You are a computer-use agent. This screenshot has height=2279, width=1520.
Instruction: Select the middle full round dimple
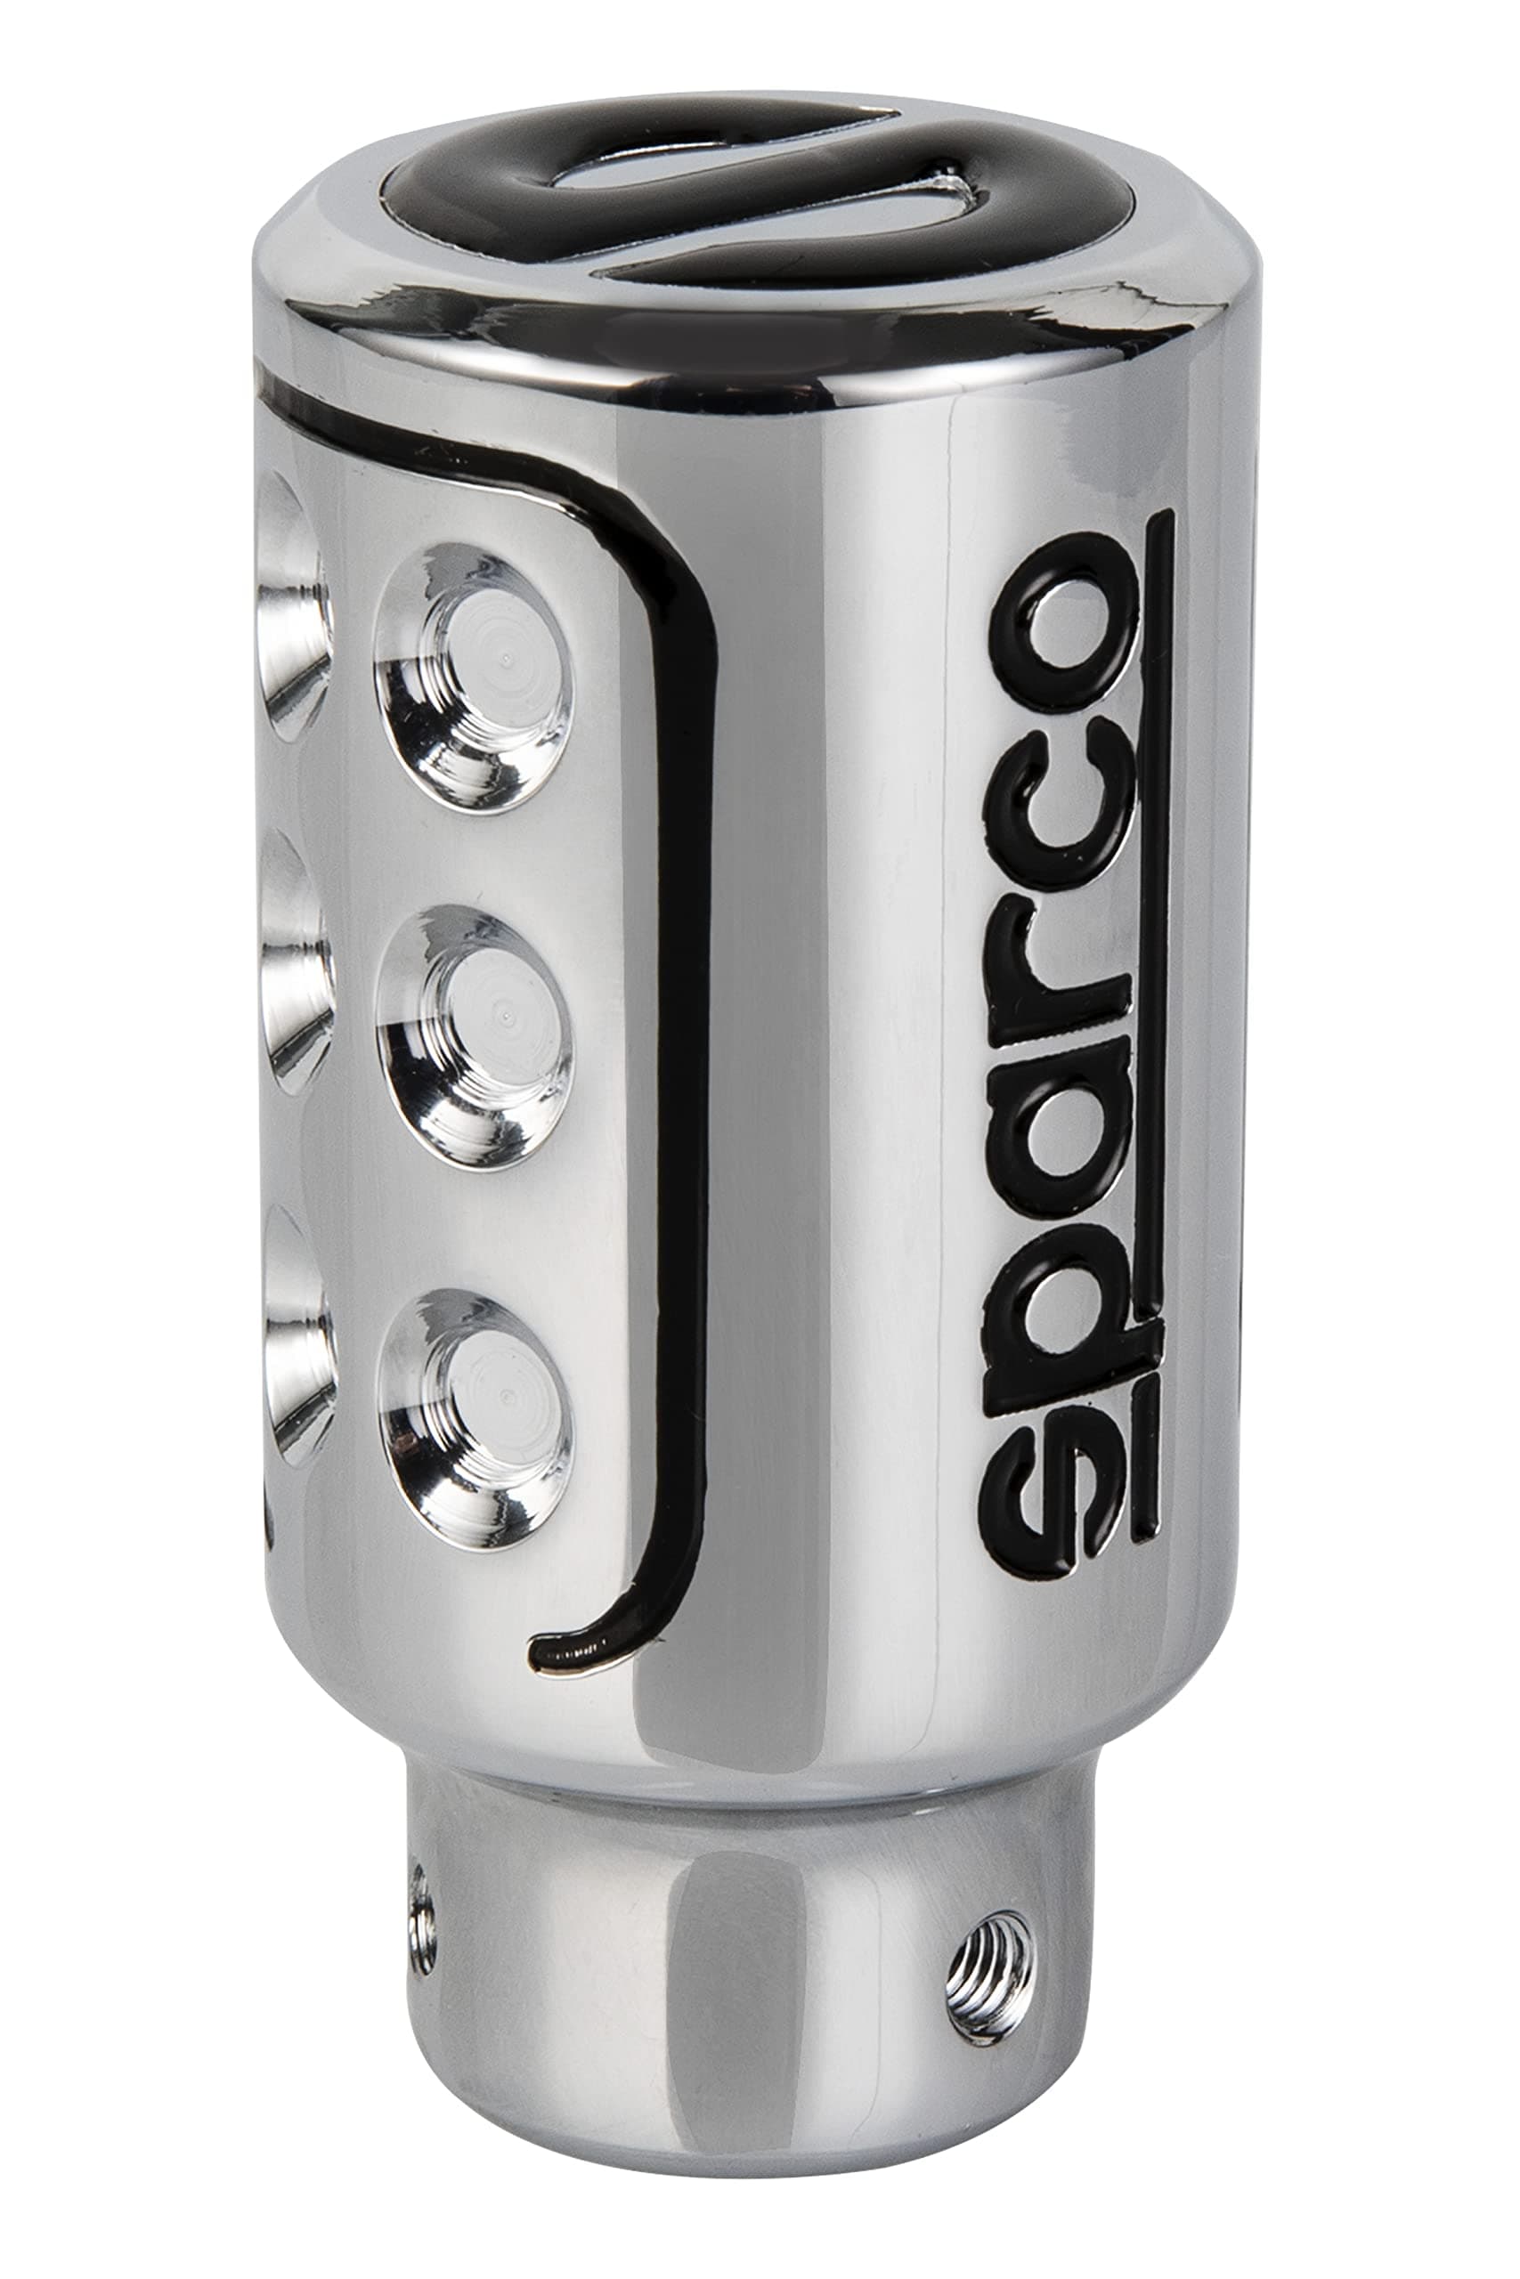click(473, 1037)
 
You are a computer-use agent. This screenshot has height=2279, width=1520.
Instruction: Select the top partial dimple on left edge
click(291, 611)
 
